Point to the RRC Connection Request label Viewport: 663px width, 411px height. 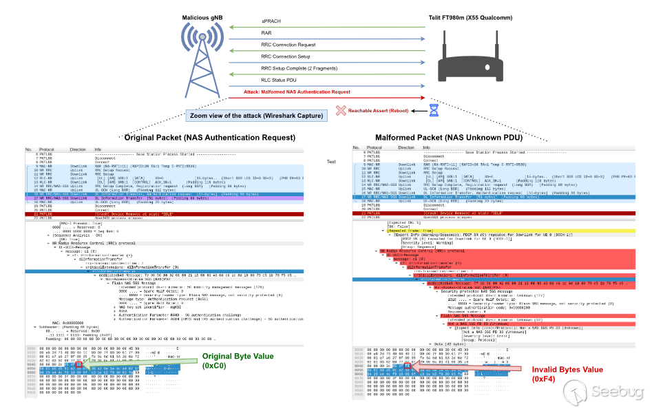tap(286, 44)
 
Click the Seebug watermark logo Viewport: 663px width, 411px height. tap(609, 392)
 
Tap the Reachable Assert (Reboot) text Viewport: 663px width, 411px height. tap(378, 110)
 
